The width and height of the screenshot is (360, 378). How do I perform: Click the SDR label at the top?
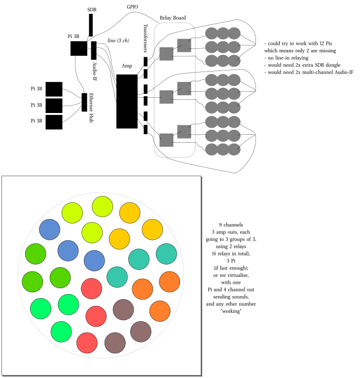[91, 9]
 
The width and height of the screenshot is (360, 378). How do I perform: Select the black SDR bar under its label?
[91, 25]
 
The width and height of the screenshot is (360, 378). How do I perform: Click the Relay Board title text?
[173, 18]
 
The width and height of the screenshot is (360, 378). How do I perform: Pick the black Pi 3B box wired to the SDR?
[79, 48]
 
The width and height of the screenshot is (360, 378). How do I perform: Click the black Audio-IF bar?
[94, 51]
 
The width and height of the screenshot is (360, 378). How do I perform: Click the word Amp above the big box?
[127, 66]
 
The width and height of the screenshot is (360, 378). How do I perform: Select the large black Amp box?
[127, 101]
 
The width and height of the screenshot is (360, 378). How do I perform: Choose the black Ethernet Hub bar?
[84, 102]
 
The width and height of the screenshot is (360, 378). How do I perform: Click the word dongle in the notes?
[331, 65]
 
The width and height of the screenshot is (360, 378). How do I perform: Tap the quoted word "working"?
[231, 311]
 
